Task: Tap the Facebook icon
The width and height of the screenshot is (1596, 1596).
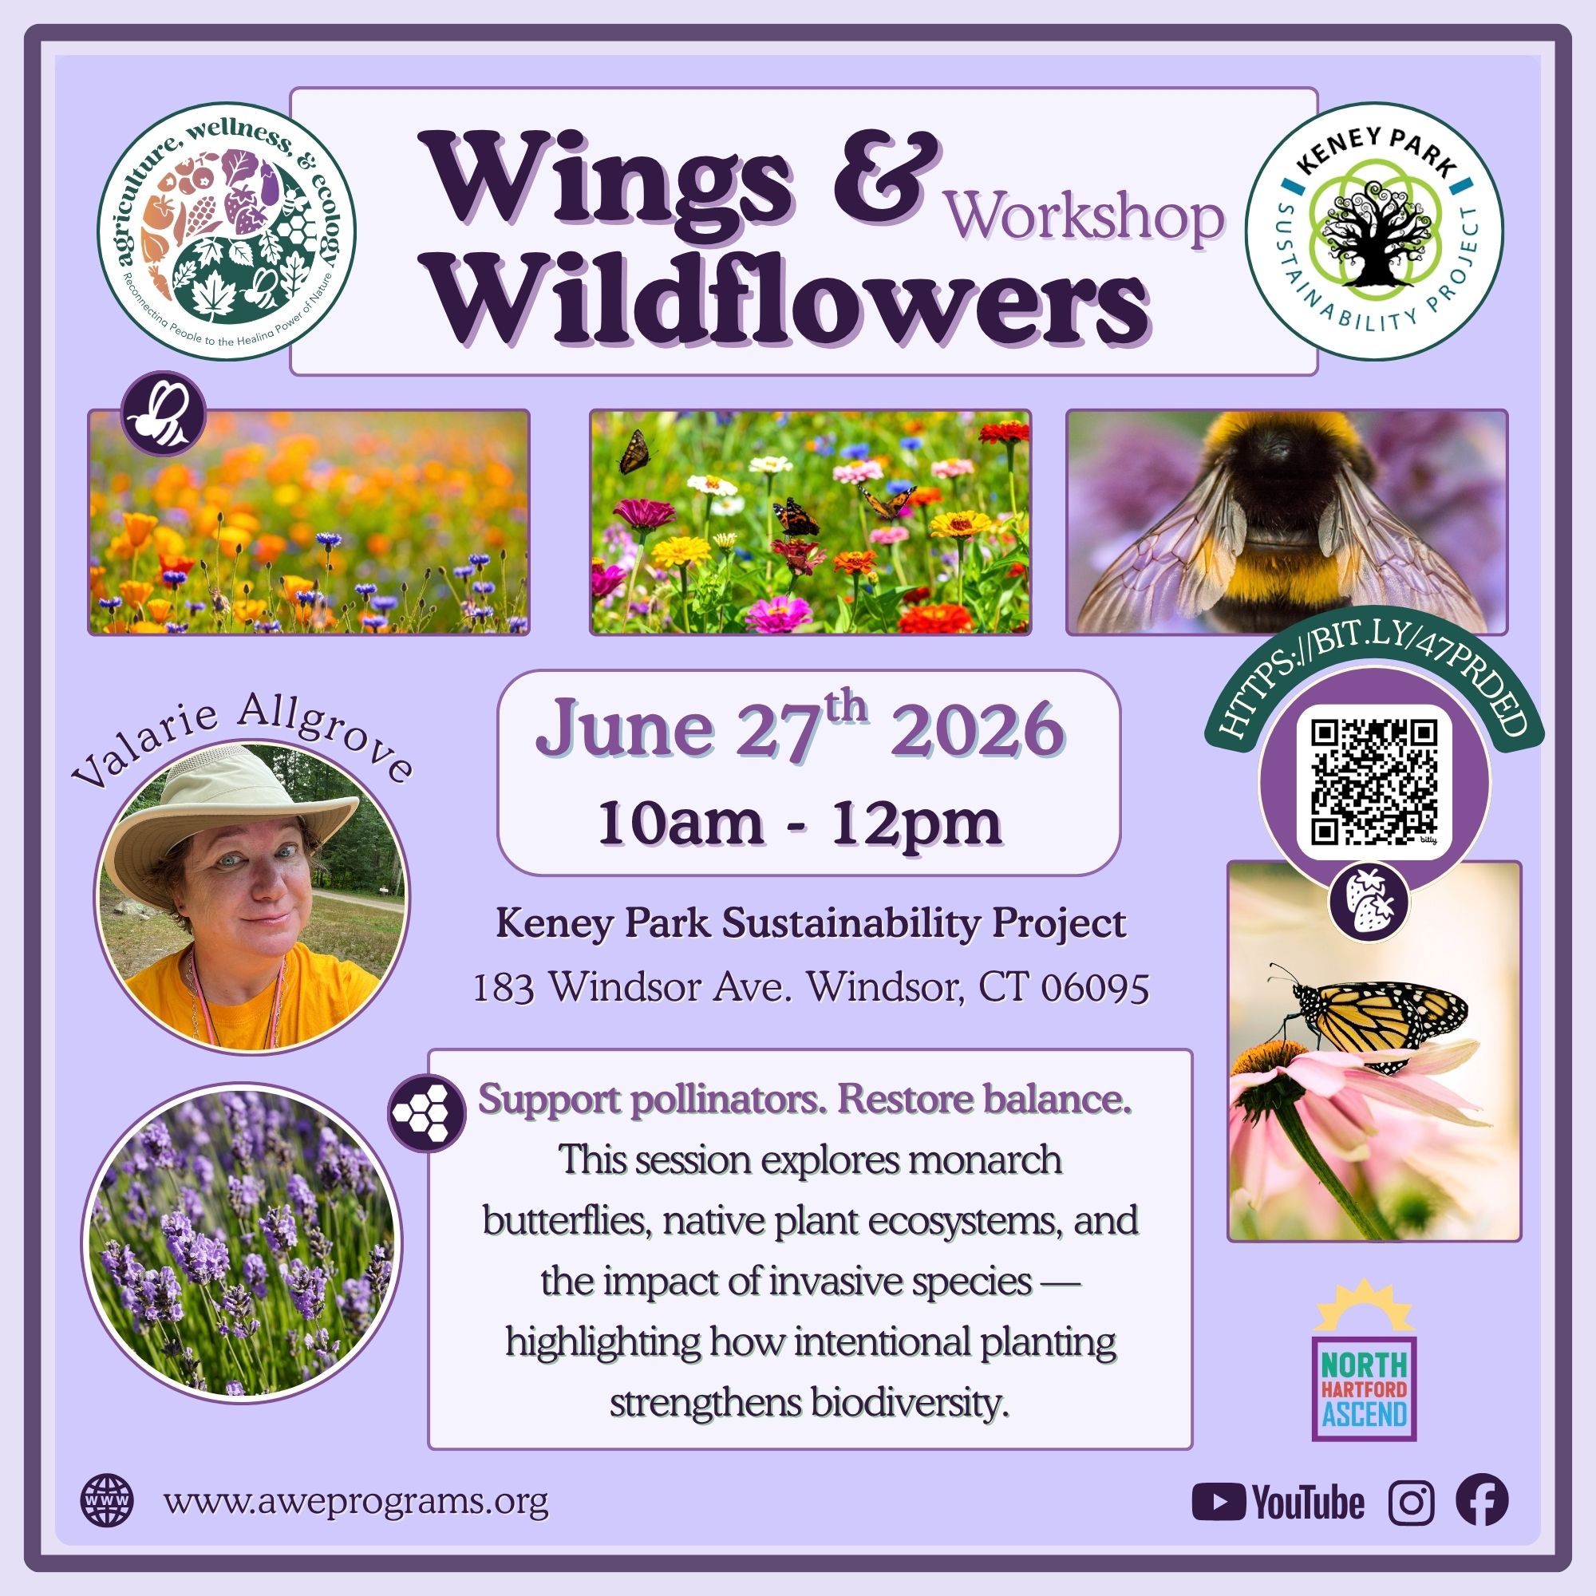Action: (1482, 1500)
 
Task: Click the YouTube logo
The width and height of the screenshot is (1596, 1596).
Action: (1278, 1502)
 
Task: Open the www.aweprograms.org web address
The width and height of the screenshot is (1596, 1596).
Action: (356, 1500)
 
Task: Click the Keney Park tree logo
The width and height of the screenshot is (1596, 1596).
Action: (1375, 231)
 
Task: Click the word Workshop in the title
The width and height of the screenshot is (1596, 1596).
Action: (1085, 217)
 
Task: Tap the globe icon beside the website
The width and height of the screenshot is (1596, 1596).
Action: (106, 1501)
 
